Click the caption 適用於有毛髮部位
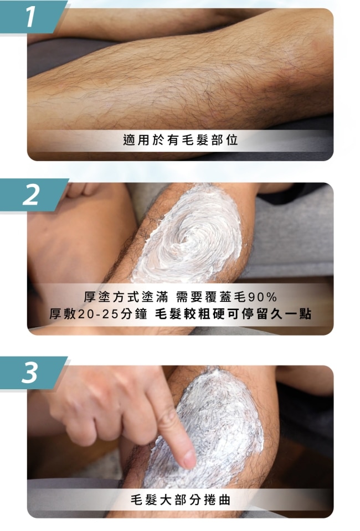[x=181, y=140]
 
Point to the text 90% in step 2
[x=263, y=297]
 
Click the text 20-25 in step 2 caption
[x=98, y=315]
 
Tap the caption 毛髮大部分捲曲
[x=181, y=499]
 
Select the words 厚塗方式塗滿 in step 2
[x=126, y=297]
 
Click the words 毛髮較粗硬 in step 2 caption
[x=189, y=315]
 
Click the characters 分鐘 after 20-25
[x=133, y=315]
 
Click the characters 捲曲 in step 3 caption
[x=217, y=499]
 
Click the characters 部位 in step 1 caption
[x=224, y=140]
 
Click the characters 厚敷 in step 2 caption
[x=63, y=315]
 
